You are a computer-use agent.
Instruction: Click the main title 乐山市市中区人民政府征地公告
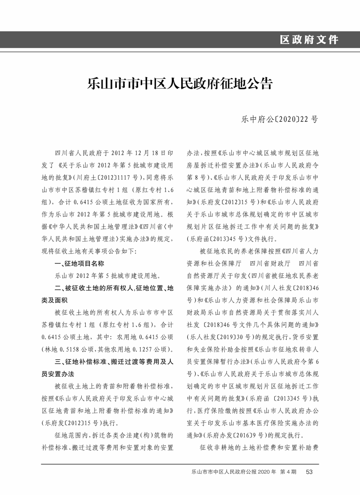tap(180, 83)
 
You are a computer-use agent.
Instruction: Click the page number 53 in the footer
tap(309, 472)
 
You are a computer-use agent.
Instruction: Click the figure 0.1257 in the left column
tap(144, 349)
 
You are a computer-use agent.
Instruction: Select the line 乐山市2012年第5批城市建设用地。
tap(106, 276)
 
